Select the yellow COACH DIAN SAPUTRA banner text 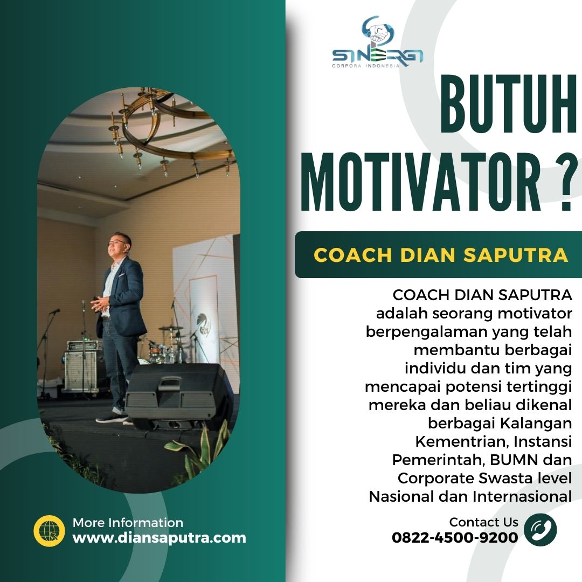pos(441,255)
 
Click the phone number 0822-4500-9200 pos(455,537)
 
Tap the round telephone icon pos(541,530)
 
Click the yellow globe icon pos(50,531)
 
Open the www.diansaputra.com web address pos(159,538)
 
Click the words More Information pos(128,523)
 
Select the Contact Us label pos(483,522)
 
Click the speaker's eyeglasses pos(116,242)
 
